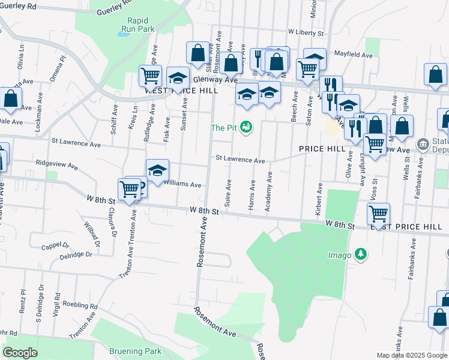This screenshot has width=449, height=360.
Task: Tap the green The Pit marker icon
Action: tap(246, 127)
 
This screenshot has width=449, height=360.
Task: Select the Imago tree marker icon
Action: tap(360, 254)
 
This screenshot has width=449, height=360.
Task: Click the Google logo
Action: tap(20, 353)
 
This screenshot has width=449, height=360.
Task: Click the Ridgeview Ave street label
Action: tap(57, 163)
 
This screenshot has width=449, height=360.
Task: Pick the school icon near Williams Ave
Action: tap(157, 170)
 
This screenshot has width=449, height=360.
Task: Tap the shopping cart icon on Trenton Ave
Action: tap(130, 189)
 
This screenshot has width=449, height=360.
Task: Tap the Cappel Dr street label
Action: tap(55, 246)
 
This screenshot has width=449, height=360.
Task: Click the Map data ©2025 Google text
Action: tap(411, 355)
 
